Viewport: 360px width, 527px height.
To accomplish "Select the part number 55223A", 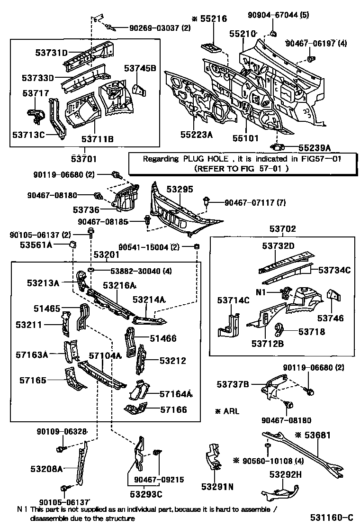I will tap(196, 135).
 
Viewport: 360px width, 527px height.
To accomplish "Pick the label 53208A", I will tap(46, 469).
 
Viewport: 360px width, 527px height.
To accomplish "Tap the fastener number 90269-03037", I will tap(154, 28).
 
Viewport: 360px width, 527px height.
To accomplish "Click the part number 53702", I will tap(283, 229).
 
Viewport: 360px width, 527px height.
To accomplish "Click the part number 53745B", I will tap(140, 68).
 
